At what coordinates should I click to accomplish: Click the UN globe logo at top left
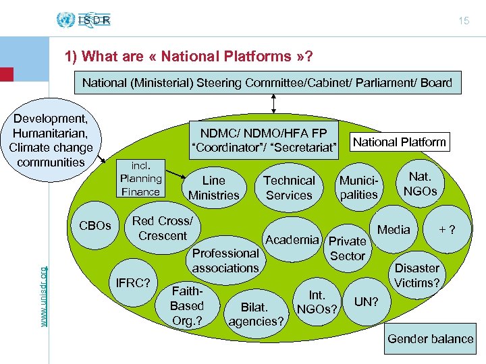coord(66,20)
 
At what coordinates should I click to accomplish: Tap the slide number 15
coord(463,22)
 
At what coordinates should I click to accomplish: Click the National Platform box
coord(400,142)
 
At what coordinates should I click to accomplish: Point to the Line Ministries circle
coord(214,187)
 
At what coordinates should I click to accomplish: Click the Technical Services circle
coord(289,187)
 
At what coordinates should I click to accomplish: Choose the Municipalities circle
coord(358,187)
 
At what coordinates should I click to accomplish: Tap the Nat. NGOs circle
coord(420,183)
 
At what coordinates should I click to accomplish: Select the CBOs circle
coord(95,225)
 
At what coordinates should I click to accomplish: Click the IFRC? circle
coord(133,281)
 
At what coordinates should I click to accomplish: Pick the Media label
coord(394,230)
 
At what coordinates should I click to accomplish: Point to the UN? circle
coord(367,301)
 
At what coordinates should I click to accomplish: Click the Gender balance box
coord(430,338)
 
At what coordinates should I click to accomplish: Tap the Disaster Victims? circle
coord(416,275)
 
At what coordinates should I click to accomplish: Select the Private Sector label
coord(347,248)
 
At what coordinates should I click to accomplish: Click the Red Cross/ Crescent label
coord(162,229)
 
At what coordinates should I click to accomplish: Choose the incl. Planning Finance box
coord(140,179)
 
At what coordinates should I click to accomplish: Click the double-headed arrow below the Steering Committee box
coord(273,103)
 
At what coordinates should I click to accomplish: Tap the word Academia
coord(292,239)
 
